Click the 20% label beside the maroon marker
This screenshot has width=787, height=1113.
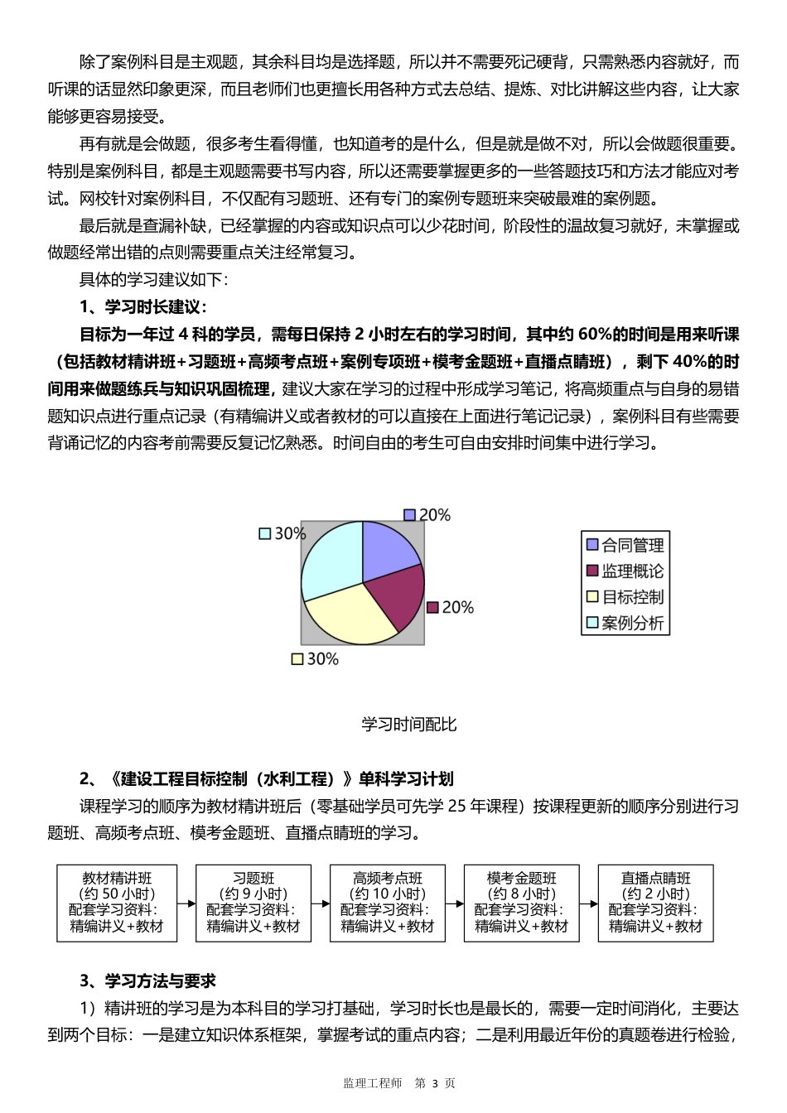pyautogui.click(x=457, y=608)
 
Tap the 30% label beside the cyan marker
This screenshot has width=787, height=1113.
pyautogui.click(x=290, y=534)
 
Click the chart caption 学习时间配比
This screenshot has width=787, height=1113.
pyautogui.click(x=409, y=725)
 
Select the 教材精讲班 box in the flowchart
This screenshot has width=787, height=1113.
pyautogui.click(x=117, y=903)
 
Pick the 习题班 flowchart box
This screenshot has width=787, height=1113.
pyautogui.click(x=253, y=903)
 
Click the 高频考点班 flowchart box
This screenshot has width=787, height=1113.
pyautogui.click(x=388, y=903)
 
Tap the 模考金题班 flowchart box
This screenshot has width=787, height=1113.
pyautogui.click(x=522, y=903)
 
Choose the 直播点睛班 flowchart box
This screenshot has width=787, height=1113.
pyautogui.click(x=656, y=903)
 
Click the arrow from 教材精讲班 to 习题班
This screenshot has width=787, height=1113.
pyautogui.click(x=186, y=903)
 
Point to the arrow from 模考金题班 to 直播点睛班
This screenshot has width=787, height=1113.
pyautogui.click(x=589, y=903)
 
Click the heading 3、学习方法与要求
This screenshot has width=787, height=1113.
pyautogui.click(x=148, y=981)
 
